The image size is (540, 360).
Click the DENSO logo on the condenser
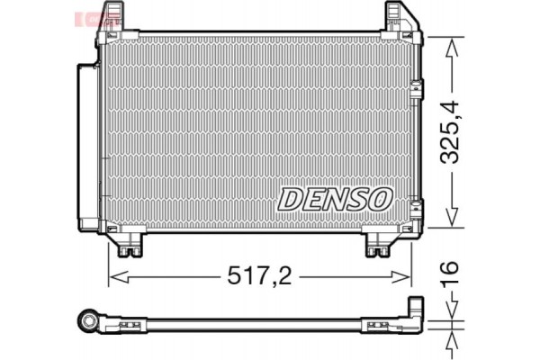[x=335, y=199]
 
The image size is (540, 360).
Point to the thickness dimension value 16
[x=451, y=272]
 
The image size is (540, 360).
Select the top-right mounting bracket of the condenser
[x=400, y=20]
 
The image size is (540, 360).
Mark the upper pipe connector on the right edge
[x=416, y=89]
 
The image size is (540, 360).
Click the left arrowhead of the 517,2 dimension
[x=114, y=277]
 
